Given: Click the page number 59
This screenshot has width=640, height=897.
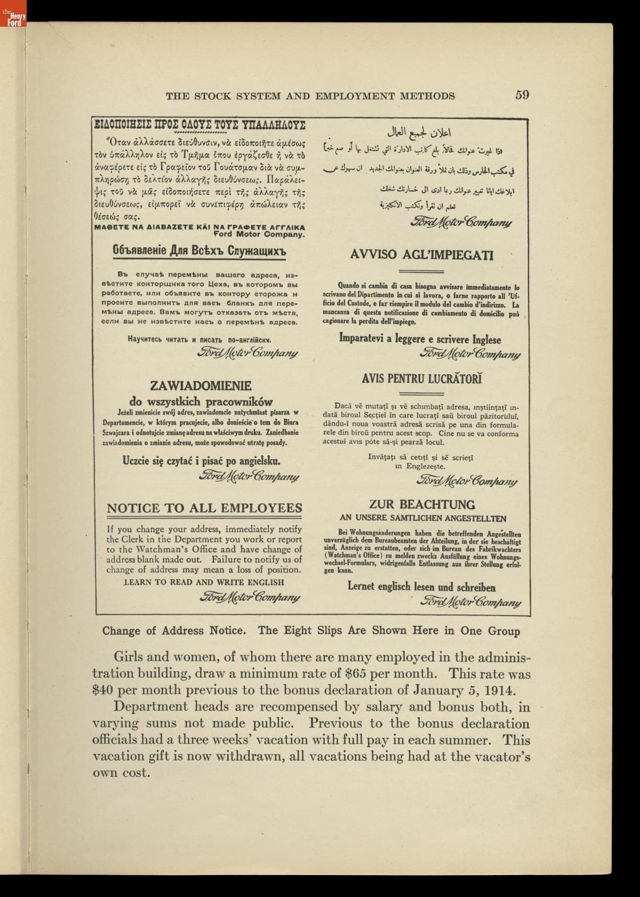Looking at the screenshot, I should click(522, 95).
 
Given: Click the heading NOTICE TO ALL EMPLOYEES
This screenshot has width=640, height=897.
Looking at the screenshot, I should click(204, 508).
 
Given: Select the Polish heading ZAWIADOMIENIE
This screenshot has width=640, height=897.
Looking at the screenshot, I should click(201, 385).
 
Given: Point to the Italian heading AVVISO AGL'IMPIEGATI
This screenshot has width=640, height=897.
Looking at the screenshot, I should click(422, 255).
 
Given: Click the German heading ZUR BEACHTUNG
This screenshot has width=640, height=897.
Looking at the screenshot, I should click(422, 504).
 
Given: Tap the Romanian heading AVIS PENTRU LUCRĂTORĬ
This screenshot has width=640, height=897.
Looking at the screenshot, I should click(422, 379).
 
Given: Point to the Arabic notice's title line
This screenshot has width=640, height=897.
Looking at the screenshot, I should click(424, 131).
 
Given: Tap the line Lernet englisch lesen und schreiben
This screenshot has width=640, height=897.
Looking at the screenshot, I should click(421, 587).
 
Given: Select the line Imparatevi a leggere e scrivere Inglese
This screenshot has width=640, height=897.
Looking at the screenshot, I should click(420, 339).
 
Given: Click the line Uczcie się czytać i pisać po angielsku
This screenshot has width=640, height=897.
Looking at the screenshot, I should click(202, 461).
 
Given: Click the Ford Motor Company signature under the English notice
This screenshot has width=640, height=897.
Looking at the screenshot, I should click(250, 597).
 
